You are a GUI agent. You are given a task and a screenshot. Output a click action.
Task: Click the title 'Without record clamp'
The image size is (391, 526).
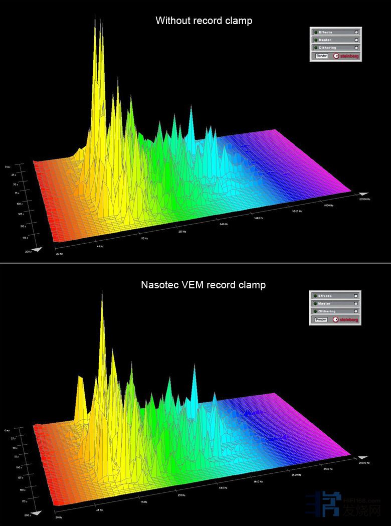point(204,21)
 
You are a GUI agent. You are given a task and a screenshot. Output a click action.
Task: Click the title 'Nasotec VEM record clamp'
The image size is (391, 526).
point(203,285)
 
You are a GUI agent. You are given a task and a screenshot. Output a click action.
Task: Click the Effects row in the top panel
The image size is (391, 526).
point(335,32)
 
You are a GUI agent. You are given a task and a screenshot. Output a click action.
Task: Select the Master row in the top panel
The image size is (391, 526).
point(335,40)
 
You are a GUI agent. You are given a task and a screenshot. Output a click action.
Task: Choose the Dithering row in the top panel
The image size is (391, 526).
point(335,48)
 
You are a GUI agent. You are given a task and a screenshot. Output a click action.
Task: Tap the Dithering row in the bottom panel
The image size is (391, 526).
point(334,311)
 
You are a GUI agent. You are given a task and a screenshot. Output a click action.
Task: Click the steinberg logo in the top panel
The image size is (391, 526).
point(346,56)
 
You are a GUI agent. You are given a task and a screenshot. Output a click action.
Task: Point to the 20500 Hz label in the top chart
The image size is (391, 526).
point(364,199)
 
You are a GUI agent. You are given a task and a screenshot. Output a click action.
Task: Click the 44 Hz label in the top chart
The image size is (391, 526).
point(100,246)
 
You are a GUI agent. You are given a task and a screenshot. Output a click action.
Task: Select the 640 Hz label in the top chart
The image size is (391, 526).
point(223,224)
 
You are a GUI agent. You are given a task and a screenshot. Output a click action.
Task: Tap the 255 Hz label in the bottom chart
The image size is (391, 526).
point(181,495)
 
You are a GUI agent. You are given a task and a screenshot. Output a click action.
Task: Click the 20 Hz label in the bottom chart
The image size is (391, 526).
point(59,517)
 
